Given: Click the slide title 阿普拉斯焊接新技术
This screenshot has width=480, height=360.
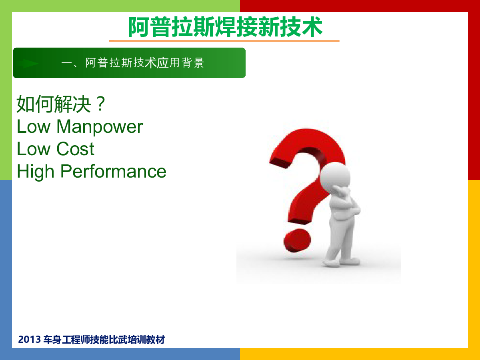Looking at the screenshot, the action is click(225, 27).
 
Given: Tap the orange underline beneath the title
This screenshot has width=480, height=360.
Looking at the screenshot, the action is click(224, 41).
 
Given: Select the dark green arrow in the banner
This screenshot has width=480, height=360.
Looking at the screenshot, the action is click(30, 63).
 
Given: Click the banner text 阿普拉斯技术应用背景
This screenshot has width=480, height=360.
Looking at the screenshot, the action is click(144, 63).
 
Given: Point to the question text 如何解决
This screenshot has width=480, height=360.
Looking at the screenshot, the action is click(54, 104).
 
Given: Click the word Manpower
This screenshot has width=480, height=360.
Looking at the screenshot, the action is click(100, 127).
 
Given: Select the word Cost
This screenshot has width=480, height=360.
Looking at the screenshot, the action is click(75, 149).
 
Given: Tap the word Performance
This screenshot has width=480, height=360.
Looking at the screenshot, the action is click(113, 172).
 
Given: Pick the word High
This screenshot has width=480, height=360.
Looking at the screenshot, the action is click(36, 172).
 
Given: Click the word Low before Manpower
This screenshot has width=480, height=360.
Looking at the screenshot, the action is click(34, 126).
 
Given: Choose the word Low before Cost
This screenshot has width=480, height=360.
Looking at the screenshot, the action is click(34, 149).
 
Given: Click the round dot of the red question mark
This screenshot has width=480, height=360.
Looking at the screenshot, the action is click(297, 240).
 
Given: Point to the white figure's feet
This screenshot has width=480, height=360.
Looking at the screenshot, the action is click(341, 262).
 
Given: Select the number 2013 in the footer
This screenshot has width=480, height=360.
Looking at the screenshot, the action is click(29, 340).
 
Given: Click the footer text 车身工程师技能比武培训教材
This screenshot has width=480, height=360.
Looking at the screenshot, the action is click(104, 340).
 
